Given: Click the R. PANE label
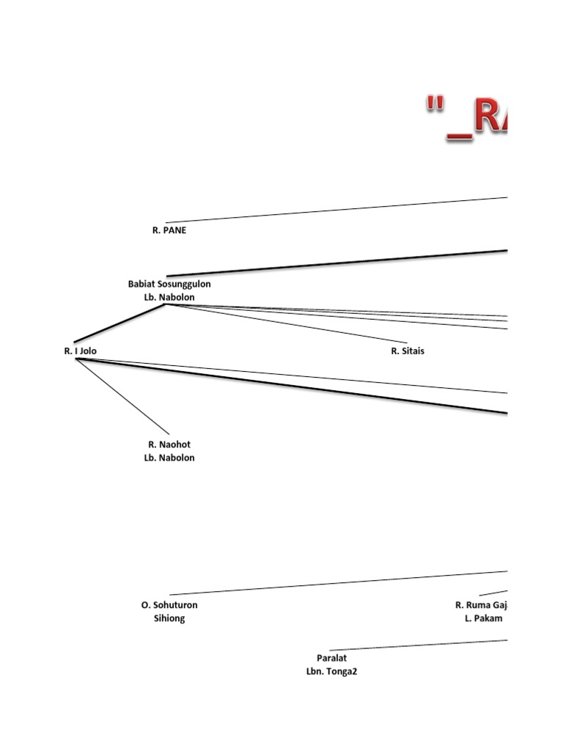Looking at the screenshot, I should click(169, 230).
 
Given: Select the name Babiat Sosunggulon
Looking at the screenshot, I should click(169, 284).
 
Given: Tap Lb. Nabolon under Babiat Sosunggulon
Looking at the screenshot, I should click(169, 297).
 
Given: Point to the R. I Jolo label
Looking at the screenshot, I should click(80, 351).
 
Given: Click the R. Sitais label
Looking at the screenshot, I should click(408, 351).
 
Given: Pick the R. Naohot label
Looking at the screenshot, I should click(169, 444).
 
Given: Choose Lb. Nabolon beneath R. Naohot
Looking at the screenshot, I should click(169, 458).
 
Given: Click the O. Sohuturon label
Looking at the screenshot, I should click(169, 605).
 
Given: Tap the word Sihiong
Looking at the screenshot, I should click(169, 618).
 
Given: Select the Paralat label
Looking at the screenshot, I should click(331, 659).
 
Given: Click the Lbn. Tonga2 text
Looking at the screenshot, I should click(331, 672).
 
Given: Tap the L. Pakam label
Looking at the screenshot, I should click(483, 618).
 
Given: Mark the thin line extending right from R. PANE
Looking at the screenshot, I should click(337, 210).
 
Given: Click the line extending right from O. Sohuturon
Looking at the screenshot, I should click(337, 582).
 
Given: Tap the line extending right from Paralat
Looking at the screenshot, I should click(418, 645).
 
